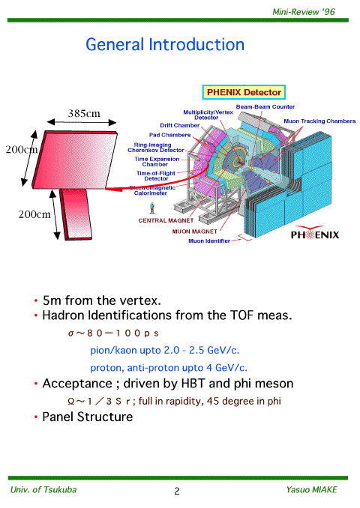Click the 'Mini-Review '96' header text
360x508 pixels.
tap(304, 12)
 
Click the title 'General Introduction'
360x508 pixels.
tap(165, 44)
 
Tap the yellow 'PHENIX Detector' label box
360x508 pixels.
tap(244, 92)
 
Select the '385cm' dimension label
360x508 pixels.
tap(84, 113)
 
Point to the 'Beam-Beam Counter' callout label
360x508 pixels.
tap(265, 106)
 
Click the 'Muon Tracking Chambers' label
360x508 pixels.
tap(319, 121)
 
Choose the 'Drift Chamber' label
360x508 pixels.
tap(180, 125)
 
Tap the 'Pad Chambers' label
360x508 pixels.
tap(169, 135)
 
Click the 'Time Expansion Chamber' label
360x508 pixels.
tap(157, 162)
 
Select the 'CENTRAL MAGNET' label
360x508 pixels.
tap(166, 220)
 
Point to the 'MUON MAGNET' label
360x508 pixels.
tap(194, 232)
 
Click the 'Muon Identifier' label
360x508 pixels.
tap(209, 241)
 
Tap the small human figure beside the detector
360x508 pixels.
tap(151, 208)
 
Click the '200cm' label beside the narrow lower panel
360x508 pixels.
tap(34, 214)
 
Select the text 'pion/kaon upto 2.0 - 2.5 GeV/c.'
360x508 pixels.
tap(165, 351)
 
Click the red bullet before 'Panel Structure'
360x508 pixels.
tap(36, 417)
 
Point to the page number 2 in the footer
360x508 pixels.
tap(177, 492)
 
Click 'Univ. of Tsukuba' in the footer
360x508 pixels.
tap(43, 489)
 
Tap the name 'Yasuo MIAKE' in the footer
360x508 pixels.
tap(311, 489)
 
